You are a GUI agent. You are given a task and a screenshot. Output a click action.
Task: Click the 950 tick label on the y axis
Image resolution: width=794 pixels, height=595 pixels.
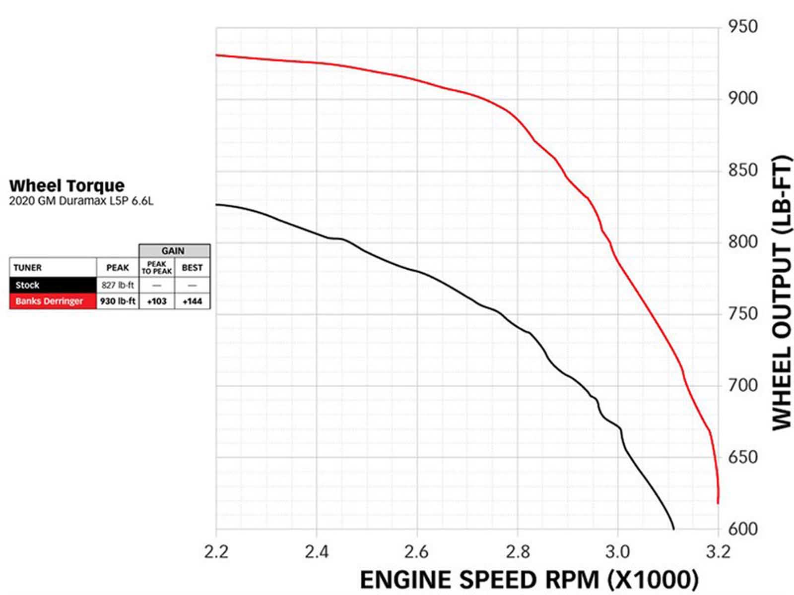click(743, 26)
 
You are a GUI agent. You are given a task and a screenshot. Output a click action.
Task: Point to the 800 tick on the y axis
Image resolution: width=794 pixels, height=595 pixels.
click(743, 242)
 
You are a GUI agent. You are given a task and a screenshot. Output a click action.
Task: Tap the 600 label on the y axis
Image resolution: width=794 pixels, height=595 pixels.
click(743, 529)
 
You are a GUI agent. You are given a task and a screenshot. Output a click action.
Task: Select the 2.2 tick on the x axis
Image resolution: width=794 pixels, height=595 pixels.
click(216, 551)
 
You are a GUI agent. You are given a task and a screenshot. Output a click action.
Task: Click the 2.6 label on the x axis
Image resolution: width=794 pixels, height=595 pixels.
click(417, 551)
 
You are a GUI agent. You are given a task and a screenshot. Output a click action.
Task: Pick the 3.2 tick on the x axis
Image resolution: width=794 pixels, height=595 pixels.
click(718, 551)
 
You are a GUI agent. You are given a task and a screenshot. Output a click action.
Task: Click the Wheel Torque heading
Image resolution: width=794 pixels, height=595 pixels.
click(67, 185)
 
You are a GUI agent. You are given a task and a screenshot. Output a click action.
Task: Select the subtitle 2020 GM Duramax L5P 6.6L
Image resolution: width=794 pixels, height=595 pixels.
click(81, 201)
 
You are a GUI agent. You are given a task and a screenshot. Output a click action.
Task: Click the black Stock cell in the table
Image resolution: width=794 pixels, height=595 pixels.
click(53, 285)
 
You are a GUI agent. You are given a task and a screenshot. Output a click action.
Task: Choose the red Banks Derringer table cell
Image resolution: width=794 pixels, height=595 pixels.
click(53, 301)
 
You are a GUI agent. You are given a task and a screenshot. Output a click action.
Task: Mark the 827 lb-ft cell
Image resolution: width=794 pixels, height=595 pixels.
click(118, 285)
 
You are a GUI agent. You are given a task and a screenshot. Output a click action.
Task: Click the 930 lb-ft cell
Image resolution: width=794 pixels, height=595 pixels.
click(118, 301)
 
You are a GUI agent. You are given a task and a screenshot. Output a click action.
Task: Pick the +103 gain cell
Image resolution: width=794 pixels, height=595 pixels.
click(157, 301)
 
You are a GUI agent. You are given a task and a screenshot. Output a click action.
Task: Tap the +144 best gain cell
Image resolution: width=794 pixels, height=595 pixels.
click(192, 301)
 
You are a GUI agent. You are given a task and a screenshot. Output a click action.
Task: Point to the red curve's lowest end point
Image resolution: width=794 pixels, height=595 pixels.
click(718, 503)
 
